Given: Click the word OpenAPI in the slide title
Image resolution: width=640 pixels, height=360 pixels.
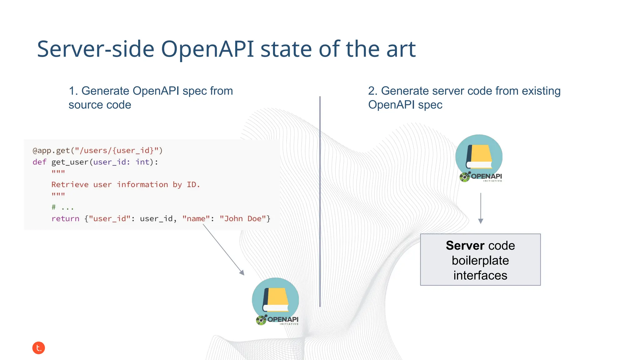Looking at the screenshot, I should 207,49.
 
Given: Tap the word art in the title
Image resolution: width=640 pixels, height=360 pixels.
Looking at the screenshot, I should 401,49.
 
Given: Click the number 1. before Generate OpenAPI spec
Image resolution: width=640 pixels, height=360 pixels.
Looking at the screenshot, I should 73,91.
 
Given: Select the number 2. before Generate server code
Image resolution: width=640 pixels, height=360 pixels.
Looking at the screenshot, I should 373,91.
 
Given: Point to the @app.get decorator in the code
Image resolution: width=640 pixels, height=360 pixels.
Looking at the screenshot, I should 51,151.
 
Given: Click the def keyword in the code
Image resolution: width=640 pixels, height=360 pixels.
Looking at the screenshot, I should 39,162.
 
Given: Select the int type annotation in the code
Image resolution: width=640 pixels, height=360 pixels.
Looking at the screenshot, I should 142,162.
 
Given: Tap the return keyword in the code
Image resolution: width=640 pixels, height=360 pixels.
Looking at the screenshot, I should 65,219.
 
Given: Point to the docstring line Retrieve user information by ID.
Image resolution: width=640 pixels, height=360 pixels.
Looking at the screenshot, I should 125,185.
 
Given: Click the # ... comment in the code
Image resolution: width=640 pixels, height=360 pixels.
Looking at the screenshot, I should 62,207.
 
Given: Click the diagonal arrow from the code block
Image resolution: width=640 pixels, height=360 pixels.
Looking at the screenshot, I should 223,250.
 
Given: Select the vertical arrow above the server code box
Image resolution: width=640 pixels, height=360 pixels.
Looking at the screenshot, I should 481,208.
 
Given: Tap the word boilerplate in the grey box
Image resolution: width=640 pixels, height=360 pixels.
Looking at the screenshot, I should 480,261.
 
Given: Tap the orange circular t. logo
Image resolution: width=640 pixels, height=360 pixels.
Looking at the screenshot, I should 38,348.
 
